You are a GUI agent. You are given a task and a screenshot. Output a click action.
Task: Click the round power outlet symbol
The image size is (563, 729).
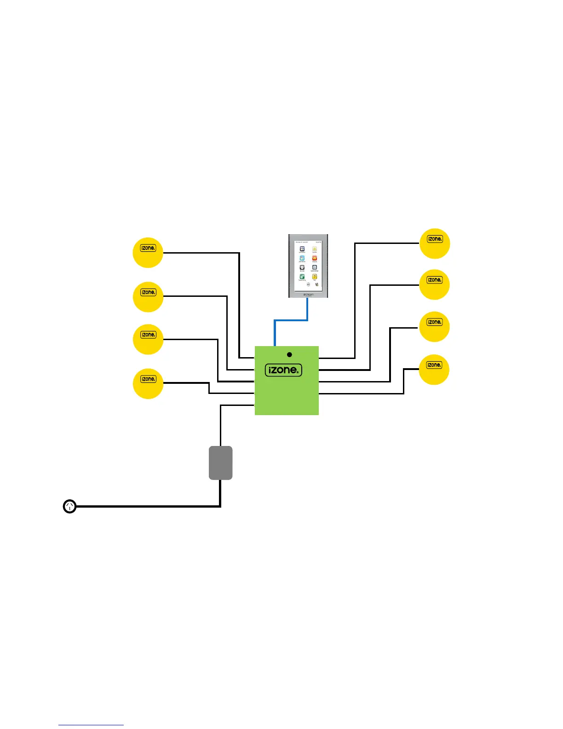(x=69, y=507)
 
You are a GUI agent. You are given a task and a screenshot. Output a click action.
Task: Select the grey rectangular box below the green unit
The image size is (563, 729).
(x=221, y=463)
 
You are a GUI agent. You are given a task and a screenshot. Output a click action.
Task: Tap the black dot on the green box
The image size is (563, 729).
(x=289, y=355)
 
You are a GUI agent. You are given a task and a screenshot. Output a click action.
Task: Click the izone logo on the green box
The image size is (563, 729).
(x=283, y=370)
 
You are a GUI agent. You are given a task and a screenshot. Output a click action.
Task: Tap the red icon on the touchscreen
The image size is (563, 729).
(x=315, y=258)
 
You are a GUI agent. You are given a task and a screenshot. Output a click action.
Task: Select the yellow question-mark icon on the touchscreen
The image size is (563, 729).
(x=315, y=277)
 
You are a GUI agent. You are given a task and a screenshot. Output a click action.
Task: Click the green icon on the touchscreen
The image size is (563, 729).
(x=302, y=277)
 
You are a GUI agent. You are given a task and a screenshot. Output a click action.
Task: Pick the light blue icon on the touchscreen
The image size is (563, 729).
(x=302, y=258)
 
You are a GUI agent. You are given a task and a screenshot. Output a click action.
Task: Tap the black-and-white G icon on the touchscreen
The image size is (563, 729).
(x=302, y=267)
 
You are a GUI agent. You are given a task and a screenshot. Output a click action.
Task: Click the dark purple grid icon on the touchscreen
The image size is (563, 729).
(x=302, y=249)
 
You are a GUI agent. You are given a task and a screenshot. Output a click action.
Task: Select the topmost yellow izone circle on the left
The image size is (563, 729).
(x=148, y=253)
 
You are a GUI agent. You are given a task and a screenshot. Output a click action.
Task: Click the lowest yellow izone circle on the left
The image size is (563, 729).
(x=148, y=383)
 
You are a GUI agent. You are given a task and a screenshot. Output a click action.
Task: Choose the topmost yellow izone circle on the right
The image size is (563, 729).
(x=435, y=243)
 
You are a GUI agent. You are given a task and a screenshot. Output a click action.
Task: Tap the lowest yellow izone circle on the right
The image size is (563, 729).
(x=434, y=370)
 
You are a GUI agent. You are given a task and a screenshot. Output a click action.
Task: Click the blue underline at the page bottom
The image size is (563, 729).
(x=91, y=725)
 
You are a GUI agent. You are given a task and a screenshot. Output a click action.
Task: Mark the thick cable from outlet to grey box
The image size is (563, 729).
(x=147, y=507)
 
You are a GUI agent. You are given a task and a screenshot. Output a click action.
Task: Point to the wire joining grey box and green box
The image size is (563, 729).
(x=221, y=426)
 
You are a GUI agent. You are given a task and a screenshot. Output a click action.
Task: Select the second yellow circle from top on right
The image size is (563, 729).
(x=435, y=284)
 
